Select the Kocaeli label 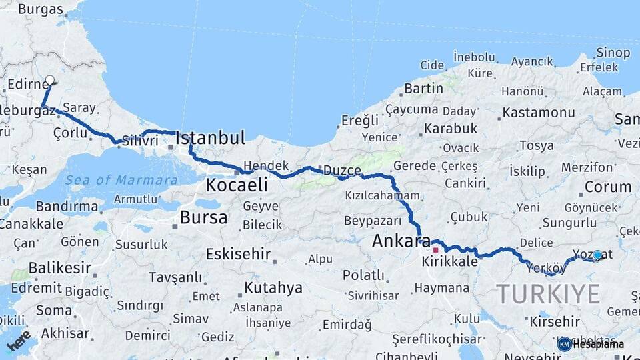click(236, 185)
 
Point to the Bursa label click(203, 218)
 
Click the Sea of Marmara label click(121, 180)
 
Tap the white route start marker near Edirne click(49, 80)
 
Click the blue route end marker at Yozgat click(597, 255)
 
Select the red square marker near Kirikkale click(436, 250)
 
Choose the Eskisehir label click(238, 254)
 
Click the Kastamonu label click(538, 113)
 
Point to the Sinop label click(613, 52)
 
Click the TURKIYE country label click(548, 294)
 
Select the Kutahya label click(273, 288)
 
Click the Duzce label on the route click(341, 171)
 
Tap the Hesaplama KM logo click(591, 344)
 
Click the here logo click(19, 341)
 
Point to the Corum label click(607, 187)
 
